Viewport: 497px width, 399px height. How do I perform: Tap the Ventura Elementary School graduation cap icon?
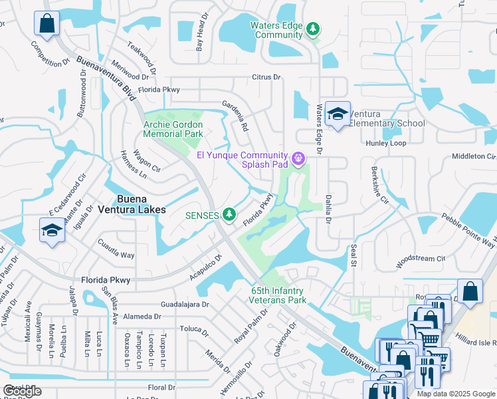(338, 114)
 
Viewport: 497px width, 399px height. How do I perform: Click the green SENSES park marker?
(229, 213)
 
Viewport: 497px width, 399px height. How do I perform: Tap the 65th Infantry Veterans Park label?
(278, 296)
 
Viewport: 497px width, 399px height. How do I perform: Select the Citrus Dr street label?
(266, 77)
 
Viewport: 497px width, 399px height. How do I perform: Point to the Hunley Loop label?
(385, 143)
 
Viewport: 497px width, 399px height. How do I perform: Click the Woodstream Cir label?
(420, 258)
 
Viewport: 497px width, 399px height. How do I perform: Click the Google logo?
(22, 391)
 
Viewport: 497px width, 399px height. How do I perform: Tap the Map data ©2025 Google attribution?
(455, 394)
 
